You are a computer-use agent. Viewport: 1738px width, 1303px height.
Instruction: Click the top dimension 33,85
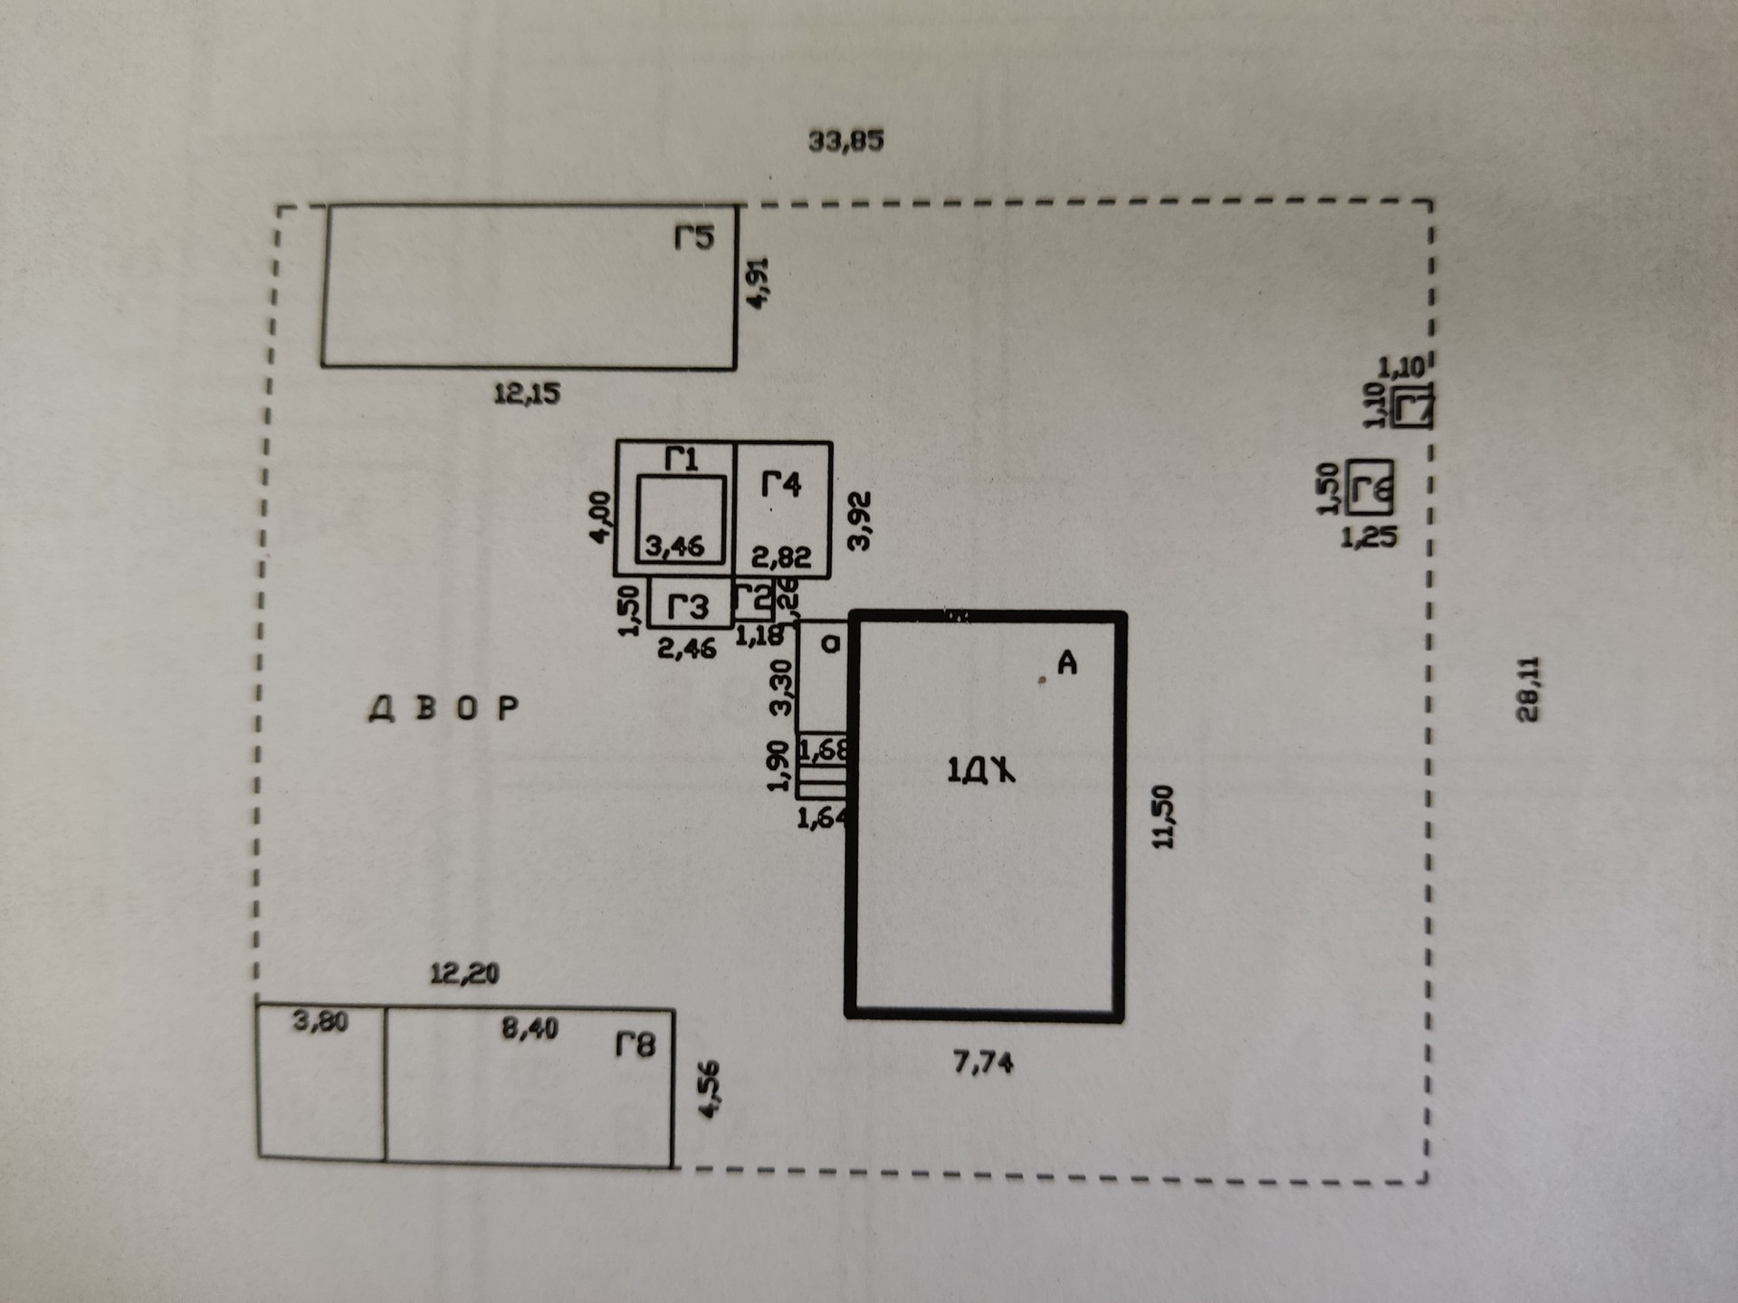[845, 141]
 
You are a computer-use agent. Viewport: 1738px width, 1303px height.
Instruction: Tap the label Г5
[694, 238]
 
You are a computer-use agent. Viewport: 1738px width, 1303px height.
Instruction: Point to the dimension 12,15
[527, 394]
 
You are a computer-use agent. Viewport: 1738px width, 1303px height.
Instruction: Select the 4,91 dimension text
[757, 282]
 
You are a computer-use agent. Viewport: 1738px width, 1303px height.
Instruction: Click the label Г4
[780, 485]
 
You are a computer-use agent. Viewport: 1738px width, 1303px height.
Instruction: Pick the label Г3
[688, 607]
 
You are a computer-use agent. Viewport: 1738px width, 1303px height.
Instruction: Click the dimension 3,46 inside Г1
[674, 547]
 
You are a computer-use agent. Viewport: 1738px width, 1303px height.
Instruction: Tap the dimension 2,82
[780, 556]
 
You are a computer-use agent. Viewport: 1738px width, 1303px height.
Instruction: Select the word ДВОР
[444, 709]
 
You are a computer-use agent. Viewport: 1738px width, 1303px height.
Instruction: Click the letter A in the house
[1067, 664]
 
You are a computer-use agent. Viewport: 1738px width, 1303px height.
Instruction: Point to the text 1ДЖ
[980, 771]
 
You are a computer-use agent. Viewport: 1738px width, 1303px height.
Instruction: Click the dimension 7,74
[983, 1062]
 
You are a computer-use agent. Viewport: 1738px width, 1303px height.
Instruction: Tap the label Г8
[635, 1046]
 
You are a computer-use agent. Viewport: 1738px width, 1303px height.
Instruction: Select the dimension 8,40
[530, 1029]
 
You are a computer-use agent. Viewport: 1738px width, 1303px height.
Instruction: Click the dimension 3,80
[320, 1022]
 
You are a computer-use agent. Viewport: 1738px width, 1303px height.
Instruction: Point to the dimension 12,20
[464, 974]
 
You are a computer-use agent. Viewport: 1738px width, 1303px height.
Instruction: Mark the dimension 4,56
[711, 1089]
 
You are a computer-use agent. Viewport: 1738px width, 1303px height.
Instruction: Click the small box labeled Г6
[1370, 489]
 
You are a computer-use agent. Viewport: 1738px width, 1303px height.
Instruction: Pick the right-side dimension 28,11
[1528, 689]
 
